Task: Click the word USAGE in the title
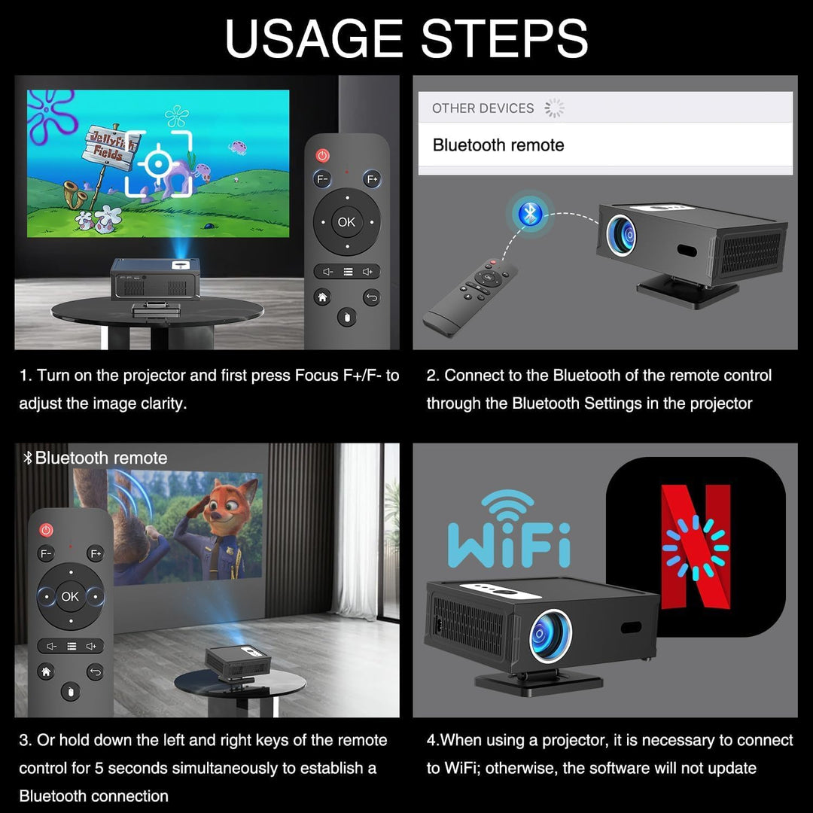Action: [x=314, y=39]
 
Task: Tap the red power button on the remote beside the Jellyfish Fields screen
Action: [x=322, y=155]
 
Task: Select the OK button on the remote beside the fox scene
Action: [x=70, y=596]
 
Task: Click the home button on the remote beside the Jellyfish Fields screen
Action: [x=322, y=297]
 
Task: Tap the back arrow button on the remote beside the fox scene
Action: [x=95, y=672]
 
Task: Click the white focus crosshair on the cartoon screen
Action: [x=159, y=164]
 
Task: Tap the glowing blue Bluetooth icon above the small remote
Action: [x=529, y=214]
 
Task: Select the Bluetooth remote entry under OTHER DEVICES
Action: [x=498, y=145]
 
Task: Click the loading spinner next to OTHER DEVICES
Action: [x=554, y=108]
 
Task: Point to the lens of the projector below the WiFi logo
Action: [x=550, y=635]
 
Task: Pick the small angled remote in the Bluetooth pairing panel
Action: [x=469, y=297]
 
